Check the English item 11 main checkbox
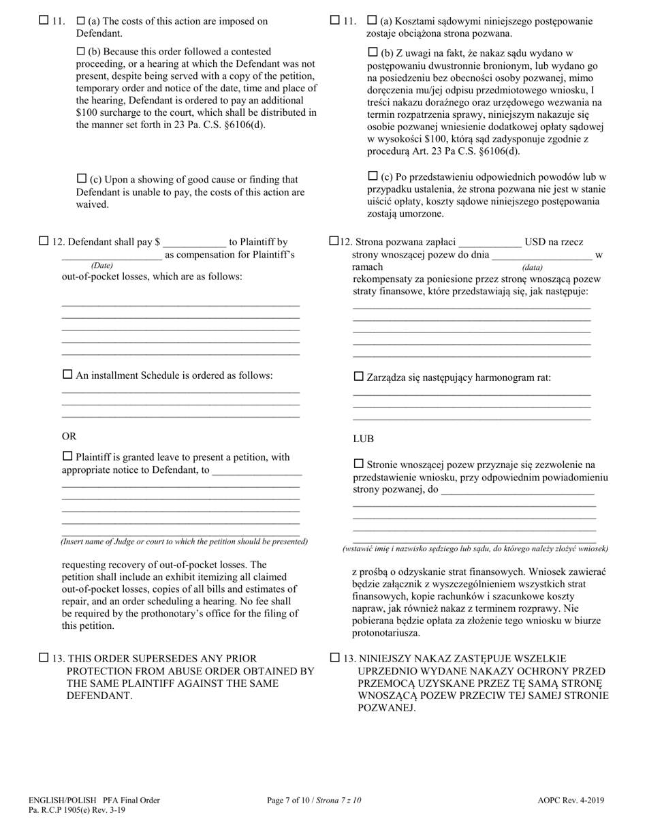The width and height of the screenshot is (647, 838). (x=44, y=20)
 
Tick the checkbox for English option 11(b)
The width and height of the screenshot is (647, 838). (x=81, y=51)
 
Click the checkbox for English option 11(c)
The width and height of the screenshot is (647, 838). (x=81, y=179)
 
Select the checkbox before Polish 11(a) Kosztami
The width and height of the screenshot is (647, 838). (x=372, y=20)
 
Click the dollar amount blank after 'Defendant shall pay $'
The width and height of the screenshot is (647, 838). (x=194, y=242)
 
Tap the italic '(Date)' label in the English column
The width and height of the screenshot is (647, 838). (x=102, y=265)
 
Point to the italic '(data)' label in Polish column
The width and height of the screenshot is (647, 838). (x=532, y=268)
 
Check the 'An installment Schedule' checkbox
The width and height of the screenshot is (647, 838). (x=67, y=374)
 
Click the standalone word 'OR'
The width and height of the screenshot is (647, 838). (x=69, y=436)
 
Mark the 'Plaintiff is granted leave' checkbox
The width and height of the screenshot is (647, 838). (x=67, y=456)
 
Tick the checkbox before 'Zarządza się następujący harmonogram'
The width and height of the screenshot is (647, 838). (x=359, y=376)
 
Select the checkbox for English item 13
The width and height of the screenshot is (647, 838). (x=44, y=657)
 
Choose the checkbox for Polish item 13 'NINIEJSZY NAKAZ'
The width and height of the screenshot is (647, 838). (x=335, y=657)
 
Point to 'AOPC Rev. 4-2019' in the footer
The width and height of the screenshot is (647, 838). (x=570, y=801)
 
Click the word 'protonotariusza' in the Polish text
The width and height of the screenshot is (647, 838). (x=385, y=633)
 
